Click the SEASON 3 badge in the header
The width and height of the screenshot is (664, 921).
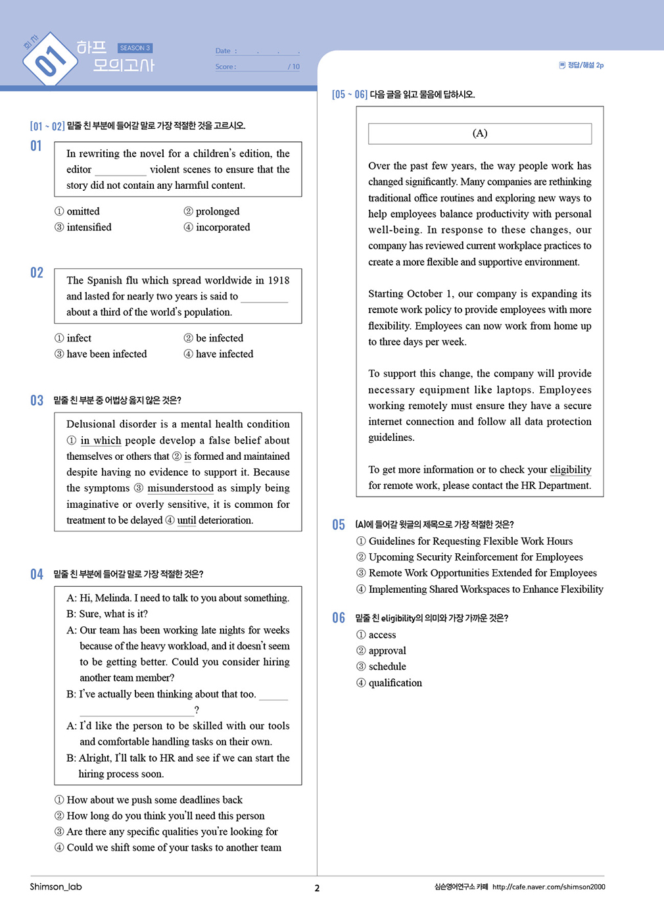[135, 48]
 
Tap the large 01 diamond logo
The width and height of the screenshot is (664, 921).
[50, 60]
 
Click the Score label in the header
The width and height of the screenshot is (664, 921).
[225, 66]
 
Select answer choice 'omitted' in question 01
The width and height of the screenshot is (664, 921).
[83, 211]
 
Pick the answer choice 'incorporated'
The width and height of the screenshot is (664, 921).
[222, 227]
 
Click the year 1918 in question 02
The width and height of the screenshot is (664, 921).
[278, 280]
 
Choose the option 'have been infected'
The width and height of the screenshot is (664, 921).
[107, 354]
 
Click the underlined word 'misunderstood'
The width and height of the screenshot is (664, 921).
[180, 488]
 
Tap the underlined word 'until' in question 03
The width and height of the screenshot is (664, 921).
[187, 520]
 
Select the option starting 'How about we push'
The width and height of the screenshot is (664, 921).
[154, 800]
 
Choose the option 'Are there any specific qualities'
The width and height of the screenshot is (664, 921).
[172, 832]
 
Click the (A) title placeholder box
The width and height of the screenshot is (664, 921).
[480, 134]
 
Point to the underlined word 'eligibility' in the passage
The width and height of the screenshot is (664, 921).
[571, 470]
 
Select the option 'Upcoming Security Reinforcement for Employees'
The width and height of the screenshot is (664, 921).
[475, 557]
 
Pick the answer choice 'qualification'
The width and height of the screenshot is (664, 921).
[395, 683]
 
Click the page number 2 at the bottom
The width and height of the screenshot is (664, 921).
[317, 888]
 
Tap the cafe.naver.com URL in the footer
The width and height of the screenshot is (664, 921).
[548, 887]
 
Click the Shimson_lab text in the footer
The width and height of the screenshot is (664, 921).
[56, 887]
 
